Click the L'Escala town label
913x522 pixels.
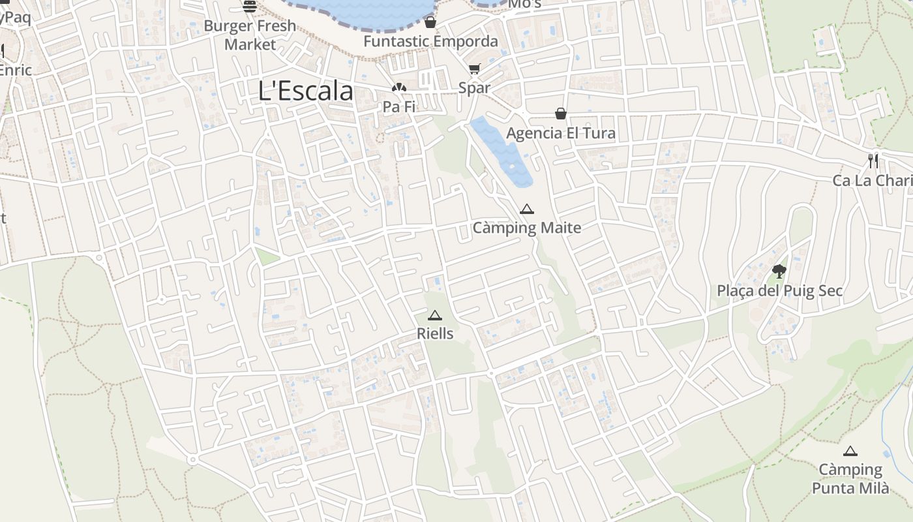click(x=305, y=91)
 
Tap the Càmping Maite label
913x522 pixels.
click(x=526, y=228)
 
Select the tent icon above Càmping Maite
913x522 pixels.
click(x=527, y=209)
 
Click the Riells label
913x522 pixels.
click(x=435, y=333)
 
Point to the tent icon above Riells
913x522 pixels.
click(x=434, y=315)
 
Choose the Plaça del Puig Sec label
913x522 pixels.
click(x=779, y=291)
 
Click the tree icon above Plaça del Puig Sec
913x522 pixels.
click(x=779, y=271)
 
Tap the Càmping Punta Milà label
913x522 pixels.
click(x=850, y=479)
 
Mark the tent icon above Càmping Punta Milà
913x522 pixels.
click(x=850, y=451)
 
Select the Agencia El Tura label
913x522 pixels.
click(x=561, y=133)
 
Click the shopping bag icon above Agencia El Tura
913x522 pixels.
click(x=560, y=114)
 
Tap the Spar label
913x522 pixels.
click(x=474, y=87)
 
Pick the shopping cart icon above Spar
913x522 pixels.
click(x=474, y=69)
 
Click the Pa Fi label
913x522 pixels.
click(x=399, y=106)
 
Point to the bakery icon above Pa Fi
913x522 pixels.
click(x=399, y=87)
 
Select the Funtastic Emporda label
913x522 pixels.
click(x=430, y=41)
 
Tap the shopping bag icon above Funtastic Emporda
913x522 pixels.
click(x=430, y=23)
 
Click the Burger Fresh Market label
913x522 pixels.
click(x=250, y=35)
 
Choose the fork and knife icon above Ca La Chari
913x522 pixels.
click(x=873, y=161)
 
